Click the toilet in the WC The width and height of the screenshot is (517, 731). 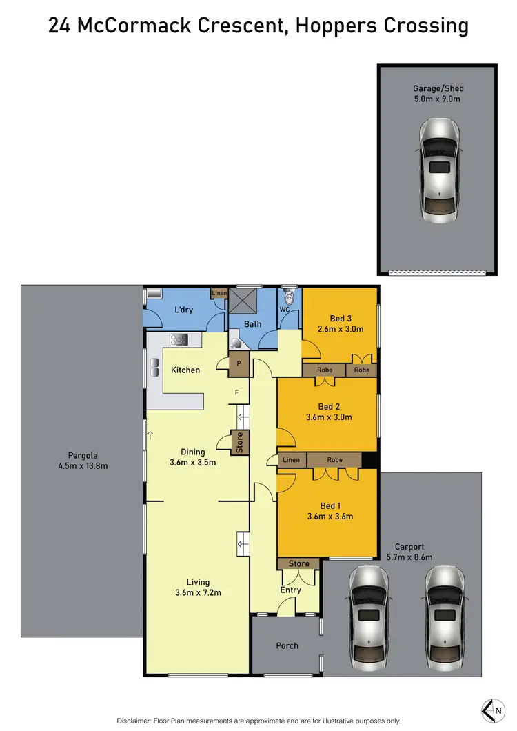289,297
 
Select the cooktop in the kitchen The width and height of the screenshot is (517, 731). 179,339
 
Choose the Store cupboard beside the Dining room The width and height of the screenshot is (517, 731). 239,443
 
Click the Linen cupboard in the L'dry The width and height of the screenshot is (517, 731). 219,294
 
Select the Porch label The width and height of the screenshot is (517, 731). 287,645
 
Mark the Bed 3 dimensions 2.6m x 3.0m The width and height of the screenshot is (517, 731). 341,329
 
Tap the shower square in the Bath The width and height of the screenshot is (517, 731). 243,301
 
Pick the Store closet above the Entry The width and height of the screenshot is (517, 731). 298,563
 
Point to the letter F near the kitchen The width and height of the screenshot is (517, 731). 236,392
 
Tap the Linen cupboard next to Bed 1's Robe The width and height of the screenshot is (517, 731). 292,460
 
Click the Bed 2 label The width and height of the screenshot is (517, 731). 329,407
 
